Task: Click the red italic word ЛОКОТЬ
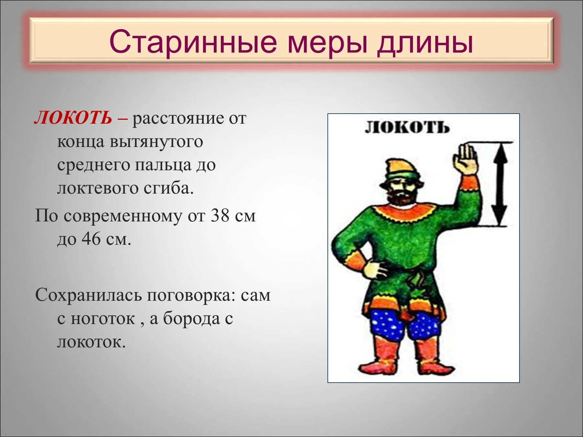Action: click(73, 118)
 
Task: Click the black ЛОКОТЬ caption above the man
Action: click(407, 128)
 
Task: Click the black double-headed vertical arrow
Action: click(501, 184)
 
